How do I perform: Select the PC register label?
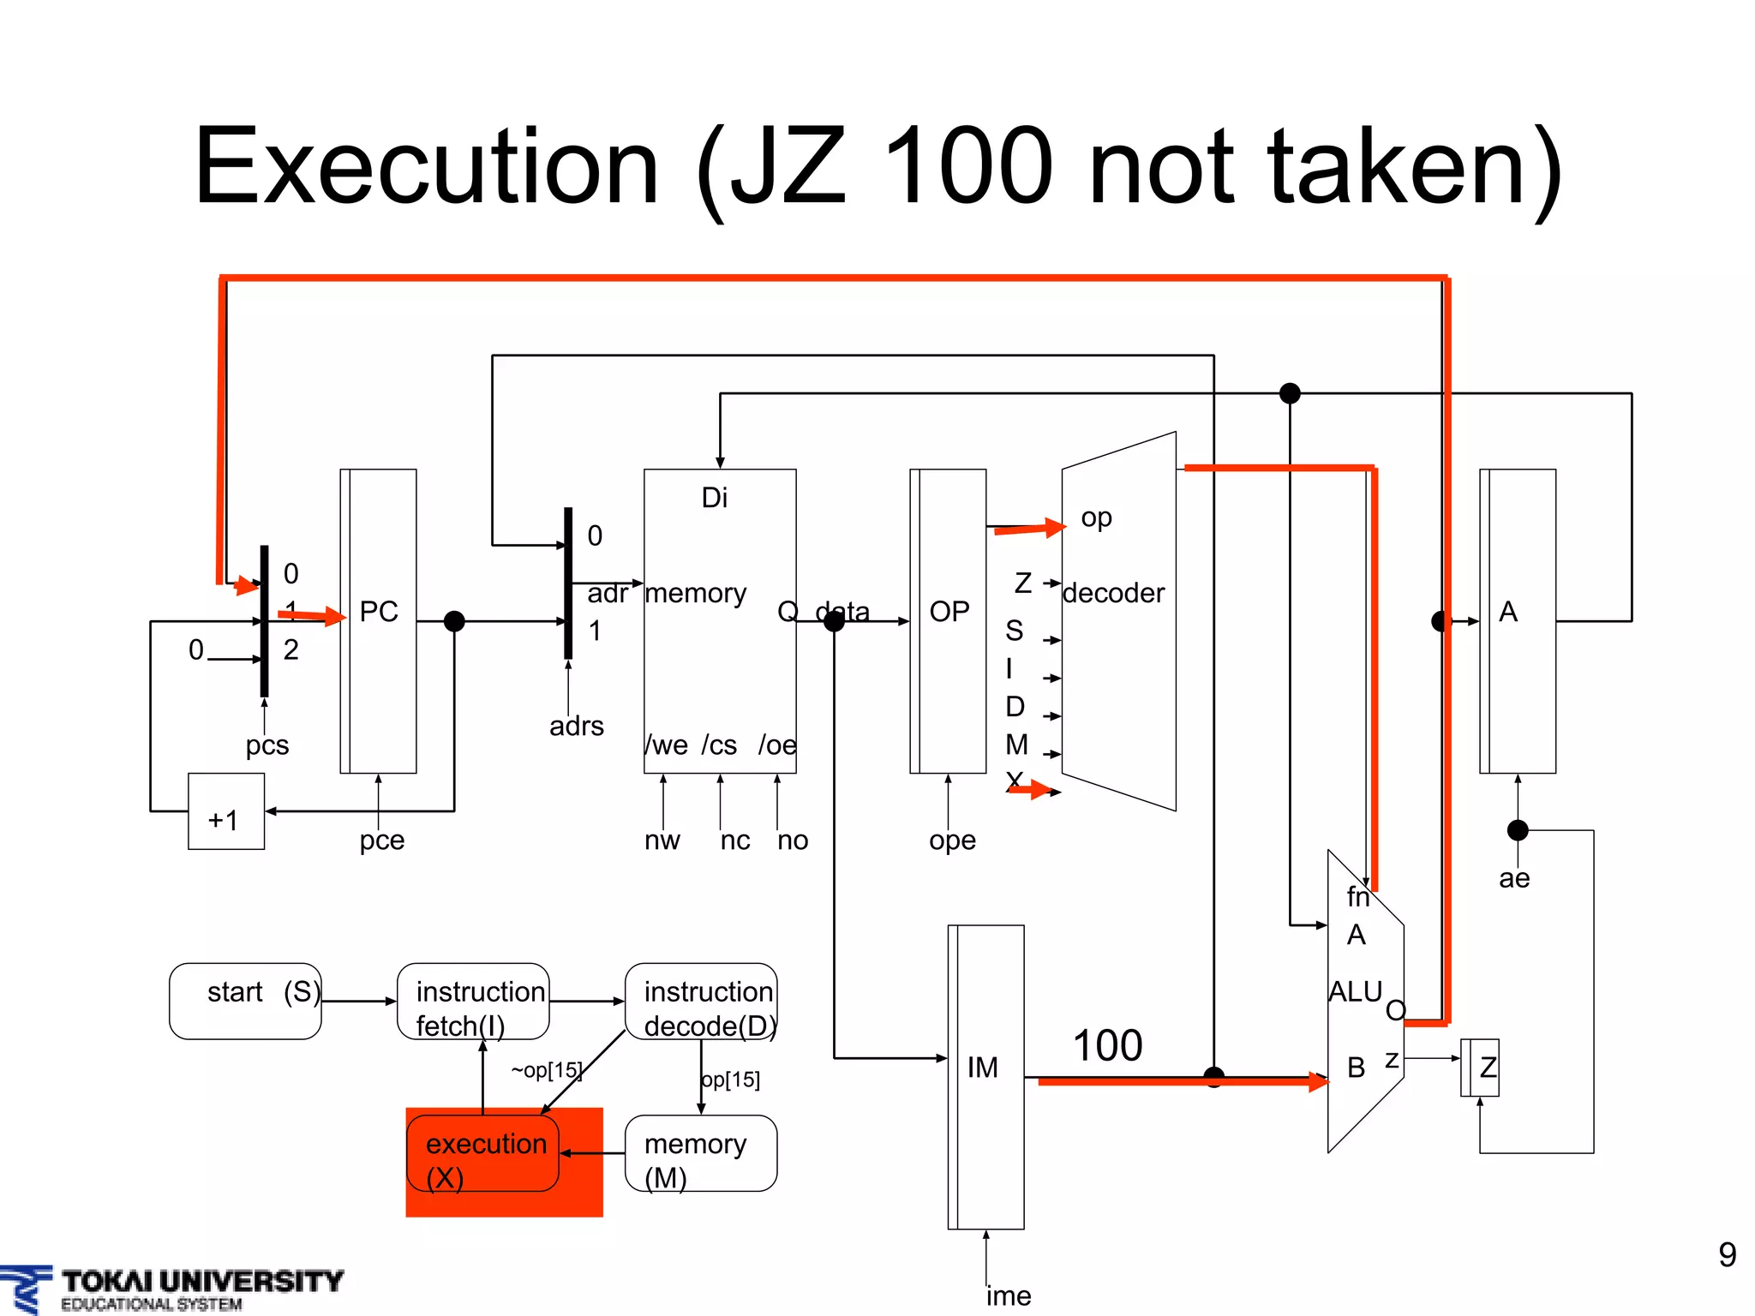click(379, 612)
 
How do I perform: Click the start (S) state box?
click(245, 1001)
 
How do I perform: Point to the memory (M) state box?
click(701, 1153)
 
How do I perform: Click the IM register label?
click(983, 1068)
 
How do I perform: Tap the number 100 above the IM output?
click(1107, 1046)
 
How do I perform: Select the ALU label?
click(1355, 991)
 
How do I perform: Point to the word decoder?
click(1113, 593)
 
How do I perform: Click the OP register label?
click(949, 612)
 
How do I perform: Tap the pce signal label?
click(381, 840)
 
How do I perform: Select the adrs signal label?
click(577, 727)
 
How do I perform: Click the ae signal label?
click(1514, 878)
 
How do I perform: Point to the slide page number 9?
click(1727, 1255)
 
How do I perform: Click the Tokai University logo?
click(171, 1289)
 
